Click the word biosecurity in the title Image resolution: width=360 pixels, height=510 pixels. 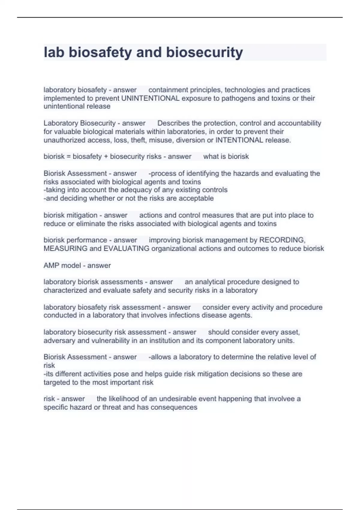click(204, 52)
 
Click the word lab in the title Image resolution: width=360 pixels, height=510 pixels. click(54, 52)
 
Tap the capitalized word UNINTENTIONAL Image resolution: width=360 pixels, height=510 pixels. click(150, 98)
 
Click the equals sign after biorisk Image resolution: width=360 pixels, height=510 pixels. click(69, 157)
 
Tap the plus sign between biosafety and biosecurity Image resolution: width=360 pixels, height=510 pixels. click(106, 157)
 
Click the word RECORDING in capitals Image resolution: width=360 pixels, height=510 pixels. click(282, 240)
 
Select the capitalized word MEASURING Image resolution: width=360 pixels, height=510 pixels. click(65, 249)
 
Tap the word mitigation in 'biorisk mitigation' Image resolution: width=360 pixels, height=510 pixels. click(82, 215)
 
